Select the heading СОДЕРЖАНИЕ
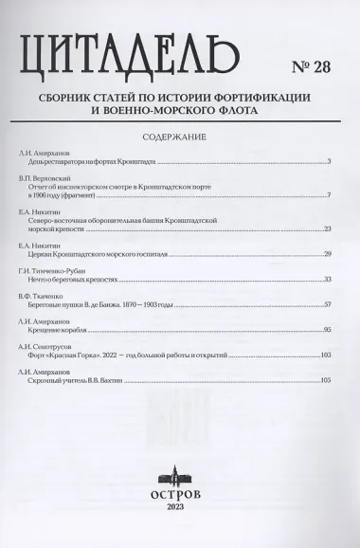[179, 136]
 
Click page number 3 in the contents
[328, 161]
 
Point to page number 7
[328, 194]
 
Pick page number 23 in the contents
[326, 228]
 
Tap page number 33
[326, 280]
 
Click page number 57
[326, 304]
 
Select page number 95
[326, 330]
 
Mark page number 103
[325, 356]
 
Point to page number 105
[325, 381]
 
